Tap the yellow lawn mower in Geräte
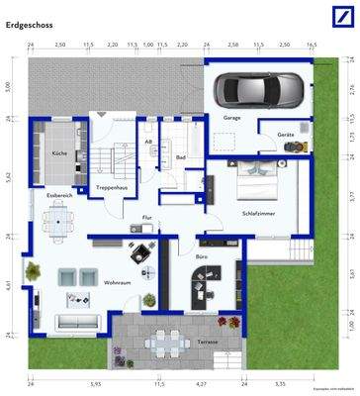coord(294,146)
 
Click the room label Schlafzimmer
coord(260,212)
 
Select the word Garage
coord(231,118)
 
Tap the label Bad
coord(181,156)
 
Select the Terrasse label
coord(207,341)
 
